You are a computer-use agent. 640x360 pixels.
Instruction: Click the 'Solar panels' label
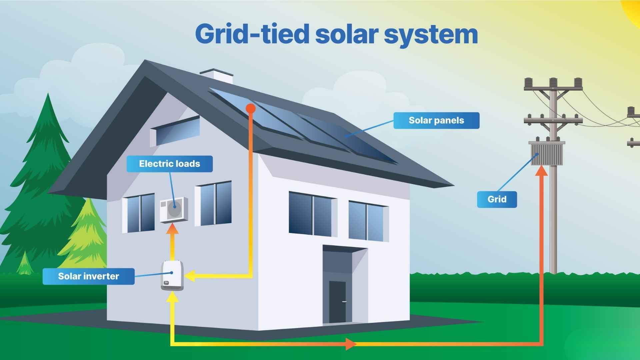coord(436,120)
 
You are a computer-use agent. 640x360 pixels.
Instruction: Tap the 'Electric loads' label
coord(169,164)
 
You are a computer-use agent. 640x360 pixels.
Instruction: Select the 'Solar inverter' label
coord(88,276)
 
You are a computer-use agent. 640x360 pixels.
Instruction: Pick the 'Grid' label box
coord(497,199)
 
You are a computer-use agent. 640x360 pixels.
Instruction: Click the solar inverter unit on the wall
coord(172,276)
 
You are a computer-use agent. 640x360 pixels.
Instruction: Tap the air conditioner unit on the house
coord(174,209)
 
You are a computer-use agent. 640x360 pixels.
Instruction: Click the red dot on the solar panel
coord(250,108)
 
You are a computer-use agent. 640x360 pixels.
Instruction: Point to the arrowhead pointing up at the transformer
coord(541,170)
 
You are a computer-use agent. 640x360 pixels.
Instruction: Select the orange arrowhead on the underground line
coord(350,343)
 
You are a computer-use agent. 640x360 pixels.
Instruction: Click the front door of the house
coord(337,302)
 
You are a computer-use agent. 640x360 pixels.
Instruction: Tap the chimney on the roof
coord(216,76)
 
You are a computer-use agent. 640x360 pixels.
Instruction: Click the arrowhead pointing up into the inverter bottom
coord(172,297)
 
